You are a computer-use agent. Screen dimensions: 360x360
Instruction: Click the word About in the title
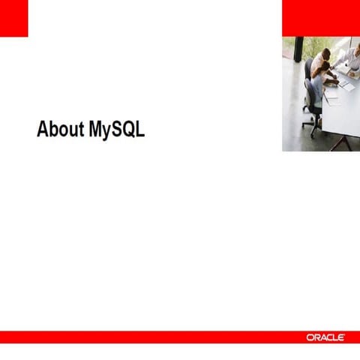(x=61, y=129)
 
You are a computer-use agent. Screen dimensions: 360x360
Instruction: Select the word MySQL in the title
(x=116, y=130)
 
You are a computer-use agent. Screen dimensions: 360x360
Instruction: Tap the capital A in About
(x=43, y=129)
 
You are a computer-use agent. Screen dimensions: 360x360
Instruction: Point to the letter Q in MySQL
(x=129, y=129)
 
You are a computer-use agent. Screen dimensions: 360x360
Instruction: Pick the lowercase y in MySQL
(x=107, y=131)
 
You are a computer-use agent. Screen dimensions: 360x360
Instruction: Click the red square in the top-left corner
(x=13, y=18)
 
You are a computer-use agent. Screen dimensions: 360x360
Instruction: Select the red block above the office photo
(x=320, y=18)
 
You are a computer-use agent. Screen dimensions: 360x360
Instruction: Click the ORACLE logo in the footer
(x=325, y=338)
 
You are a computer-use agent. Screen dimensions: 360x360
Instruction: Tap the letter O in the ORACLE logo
(x=310, y=338)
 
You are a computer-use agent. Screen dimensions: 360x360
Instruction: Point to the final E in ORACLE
(x=341, y=338)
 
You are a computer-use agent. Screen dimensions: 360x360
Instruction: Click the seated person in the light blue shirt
(x=318, y=90)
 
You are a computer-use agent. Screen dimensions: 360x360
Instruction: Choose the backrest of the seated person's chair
(x=307, y=94)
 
